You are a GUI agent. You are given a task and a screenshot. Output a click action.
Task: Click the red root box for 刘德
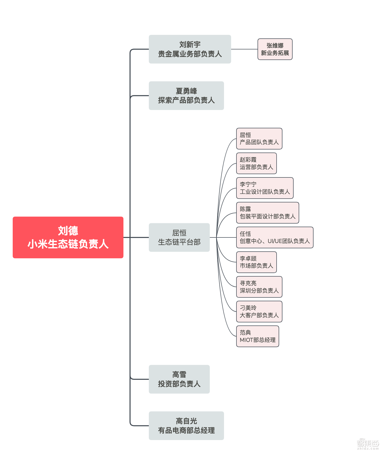(68, 237)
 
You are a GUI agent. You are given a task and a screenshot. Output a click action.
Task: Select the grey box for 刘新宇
(190, 49)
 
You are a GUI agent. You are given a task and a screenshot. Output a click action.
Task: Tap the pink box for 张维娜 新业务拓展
(275, 49)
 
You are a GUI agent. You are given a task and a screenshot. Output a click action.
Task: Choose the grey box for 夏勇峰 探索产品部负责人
(186, 96)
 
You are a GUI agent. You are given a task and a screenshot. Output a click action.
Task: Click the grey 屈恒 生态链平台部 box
(179, 237)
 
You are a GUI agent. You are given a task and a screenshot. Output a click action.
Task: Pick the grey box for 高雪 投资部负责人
(179, 379)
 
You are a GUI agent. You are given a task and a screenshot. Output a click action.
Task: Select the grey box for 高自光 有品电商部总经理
(186, 426)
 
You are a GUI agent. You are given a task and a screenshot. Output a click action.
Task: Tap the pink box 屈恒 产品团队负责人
(259, 139)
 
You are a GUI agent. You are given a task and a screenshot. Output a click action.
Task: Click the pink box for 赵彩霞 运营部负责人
(256, 163)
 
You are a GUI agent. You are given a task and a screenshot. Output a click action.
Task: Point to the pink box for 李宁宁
(265, 188)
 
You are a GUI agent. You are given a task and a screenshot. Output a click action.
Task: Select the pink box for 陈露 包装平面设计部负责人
(267, 213)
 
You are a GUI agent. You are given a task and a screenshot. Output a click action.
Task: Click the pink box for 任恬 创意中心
(275, 237)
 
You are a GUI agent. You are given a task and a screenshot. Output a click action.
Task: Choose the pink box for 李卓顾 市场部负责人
(256, 262)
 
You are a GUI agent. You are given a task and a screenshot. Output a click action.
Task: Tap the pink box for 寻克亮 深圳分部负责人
(259, 287)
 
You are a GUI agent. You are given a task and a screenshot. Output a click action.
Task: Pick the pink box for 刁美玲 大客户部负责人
(259, 311)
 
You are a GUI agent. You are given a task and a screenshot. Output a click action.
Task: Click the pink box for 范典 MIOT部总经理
(258, 336)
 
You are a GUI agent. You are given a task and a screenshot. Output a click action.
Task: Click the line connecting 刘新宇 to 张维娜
(244, 49)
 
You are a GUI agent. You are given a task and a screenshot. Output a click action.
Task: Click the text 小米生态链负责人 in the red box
(68, 244)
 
